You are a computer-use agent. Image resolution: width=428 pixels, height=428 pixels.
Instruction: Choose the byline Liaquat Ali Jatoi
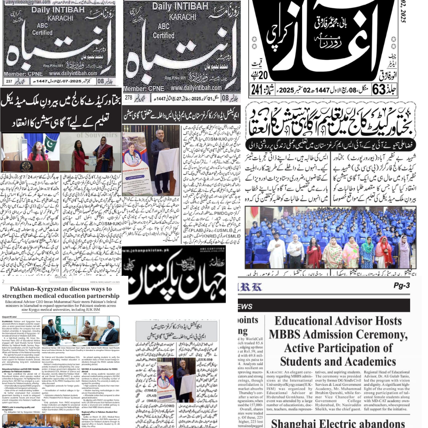(12, 317)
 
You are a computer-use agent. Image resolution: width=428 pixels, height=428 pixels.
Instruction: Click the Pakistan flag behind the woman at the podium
(50, 143)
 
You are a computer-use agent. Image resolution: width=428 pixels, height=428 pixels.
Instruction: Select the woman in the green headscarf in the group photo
(368, 253)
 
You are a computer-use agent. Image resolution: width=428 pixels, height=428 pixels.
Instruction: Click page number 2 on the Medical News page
(3, 281)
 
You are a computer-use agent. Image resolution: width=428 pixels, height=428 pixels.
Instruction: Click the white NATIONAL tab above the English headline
(60, 277)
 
